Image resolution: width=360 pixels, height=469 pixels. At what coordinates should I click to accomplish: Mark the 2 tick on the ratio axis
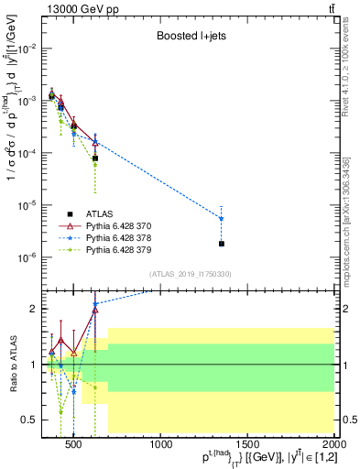(35, 309)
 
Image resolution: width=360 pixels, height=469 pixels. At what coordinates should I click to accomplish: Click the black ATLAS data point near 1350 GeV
(222, 244)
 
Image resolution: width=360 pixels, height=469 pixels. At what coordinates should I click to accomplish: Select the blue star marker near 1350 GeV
(222, 218)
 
